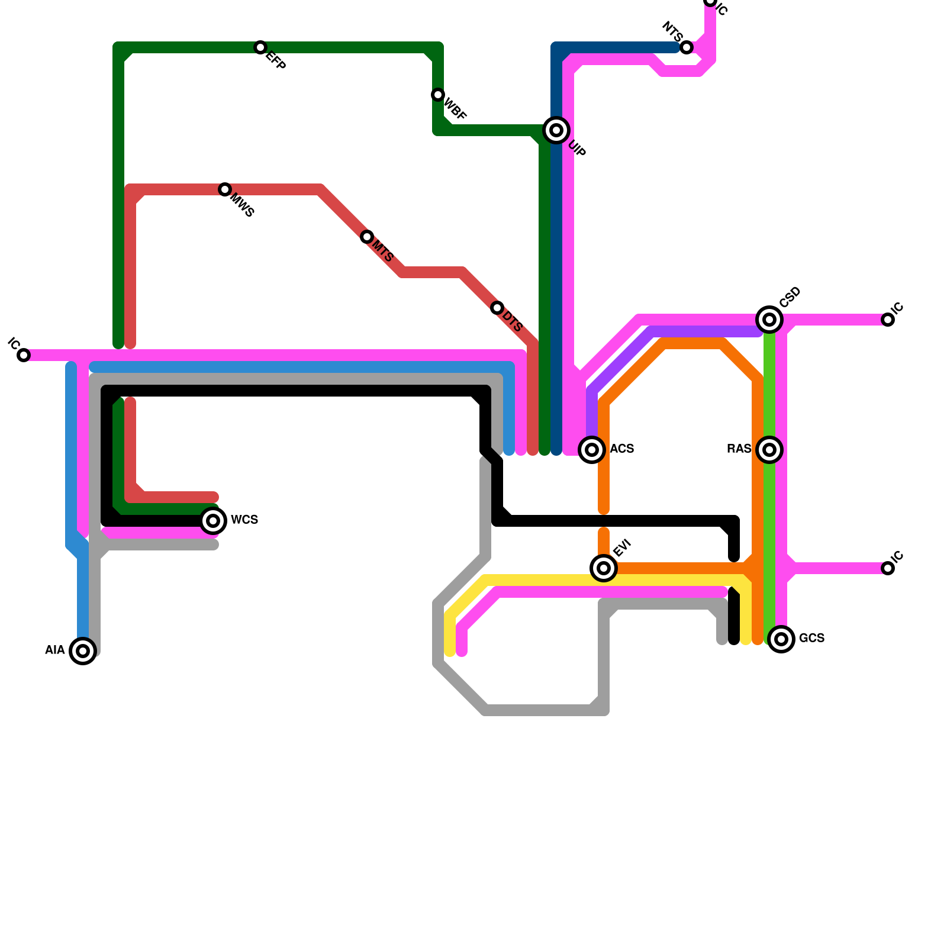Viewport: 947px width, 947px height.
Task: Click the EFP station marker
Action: (260, 47)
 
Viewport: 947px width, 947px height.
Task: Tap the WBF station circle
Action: (438, 95)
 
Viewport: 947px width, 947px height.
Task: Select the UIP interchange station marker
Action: (556, 130)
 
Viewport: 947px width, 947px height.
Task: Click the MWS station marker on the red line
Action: (225, 189)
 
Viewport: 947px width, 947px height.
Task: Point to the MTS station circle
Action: (367, 237)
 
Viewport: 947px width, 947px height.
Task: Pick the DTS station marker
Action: (497, 308)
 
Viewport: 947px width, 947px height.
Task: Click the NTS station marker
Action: (687, 47)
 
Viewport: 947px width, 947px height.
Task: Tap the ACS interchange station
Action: (592, 450)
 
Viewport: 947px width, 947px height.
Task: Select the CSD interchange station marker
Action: (769, 320)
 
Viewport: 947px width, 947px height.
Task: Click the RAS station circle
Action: (769, 450)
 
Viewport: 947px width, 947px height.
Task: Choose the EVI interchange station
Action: (604, 568)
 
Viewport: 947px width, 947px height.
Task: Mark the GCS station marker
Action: (781, 639)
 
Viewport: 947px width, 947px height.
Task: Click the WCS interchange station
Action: (213, 521)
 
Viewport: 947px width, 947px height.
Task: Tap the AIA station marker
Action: (83, 651)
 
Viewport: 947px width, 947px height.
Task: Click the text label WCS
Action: (244, 520)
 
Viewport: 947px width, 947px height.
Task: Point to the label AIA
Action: (54, 650)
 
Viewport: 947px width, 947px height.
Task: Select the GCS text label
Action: (811, 638)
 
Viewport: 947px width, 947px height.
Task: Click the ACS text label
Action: (622, 449)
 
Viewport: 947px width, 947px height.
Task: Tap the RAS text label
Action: (739, 449)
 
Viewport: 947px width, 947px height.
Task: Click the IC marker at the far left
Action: (24, 355)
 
